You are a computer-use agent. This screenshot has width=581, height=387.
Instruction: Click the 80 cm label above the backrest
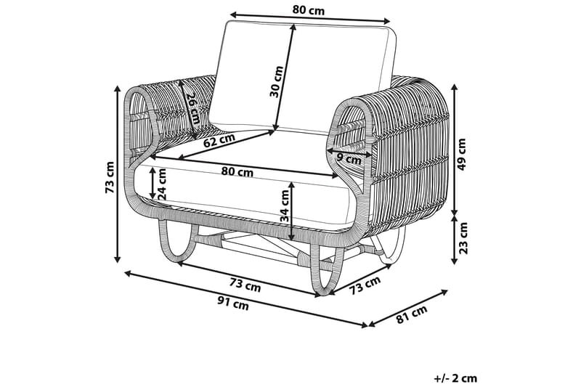(x=308, y=10)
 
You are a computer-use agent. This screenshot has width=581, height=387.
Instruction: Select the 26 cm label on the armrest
(x=190, y=109)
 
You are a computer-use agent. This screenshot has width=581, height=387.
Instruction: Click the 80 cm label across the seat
(x=237, y=172)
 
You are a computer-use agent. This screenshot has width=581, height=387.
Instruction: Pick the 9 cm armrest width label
(x=349, y=158)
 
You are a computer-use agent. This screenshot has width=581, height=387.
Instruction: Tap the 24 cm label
(x=163, y=184)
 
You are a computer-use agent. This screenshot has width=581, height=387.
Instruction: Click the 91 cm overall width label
(x=234, y=305)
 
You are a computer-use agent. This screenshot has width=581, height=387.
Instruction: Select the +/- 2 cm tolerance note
(x=455, y=378)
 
